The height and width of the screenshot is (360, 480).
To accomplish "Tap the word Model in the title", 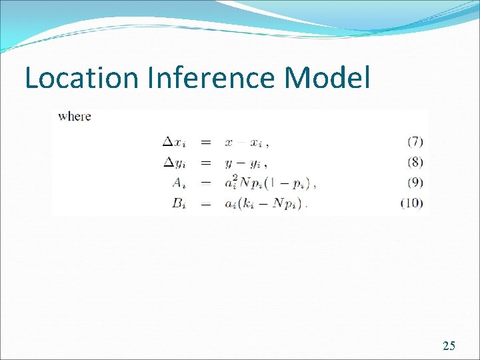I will pyautogui.click(x=327, y=78).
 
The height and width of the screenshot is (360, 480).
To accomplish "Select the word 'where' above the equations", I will pyautogui.click(x=75, y=117).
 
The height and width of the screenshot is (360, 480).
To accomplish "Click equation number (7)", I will pyautogui.click(x=414, y=141).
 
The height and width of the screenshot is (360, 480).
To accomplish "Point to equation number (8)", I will pyautogui.click(x=414, y=162).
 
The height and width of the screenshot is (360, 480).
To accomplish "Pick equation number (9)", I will pyautogui.click(x=414, y=182).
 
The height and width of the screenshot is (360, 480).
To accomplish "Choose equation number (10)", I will pyautogui.click(x=412, y=203).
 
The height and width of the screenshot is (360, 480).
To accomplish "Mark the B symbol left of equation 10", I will pyautogui.click(x=178, y=203).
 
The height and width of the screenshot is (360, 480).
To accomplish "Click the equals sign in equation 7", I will pyautogui.click(x=207, y=142).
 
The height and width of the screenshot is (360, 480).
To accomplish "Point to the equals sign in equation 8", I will pyautogui.click(x=207, y=162).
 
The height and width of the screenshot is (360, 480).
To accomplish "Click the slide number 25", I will pyautogui.click(x=449, y=345).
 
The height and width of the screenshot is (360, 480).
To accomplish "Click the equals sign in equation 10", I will pyautogui.click(x=207, y=204).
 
